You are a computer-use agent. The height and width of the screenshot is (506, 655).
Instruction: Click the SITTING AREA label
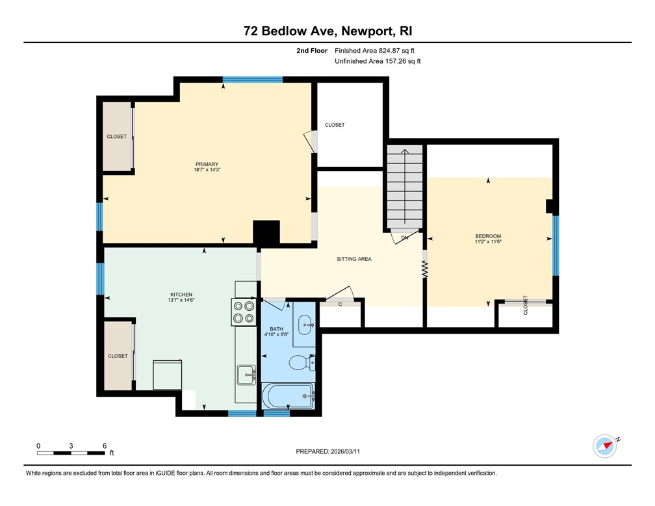(x=353, y=259)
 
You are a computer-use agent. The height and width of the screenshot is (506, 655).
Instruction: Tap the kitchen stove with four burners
(x=244, y=312)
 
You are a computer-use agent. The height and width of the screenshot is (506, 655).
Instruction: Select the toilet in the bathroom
(x=303, y=362)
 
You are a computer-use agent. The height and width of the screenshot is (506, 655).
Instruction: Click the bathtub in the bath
(x=289, y=395)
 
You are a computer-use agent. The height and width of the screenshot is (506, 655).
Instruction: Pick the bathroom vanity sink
(x=305, y=323)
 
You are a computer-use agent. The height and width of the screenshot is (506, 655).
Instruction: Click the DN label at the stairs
(x=404, y=238)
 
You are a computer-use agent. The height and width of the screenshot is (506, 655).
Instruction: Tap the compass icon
(x=605, y=446)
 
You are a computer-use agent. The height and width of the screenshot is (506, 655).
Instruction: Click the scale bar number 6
(x=105, y=446)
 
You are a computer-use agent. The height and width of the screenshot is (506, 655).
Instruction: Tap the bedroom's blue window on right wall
(x=556, y=245)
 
